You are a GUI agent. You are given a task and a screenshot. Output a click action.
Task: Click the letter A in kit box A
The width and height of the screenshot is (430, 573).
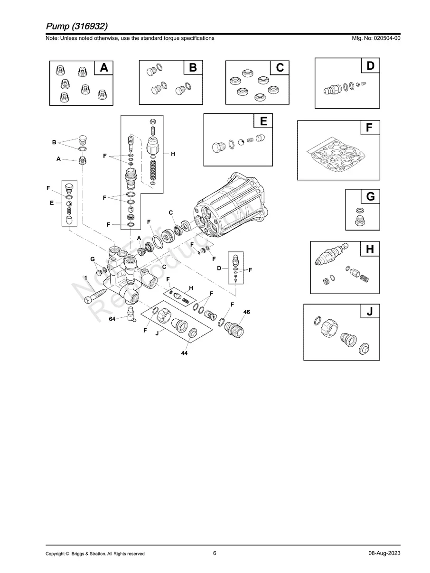click(104, 68)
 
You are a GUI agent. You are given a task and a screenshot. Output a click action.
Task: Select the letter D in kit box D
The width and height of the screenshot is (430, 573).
click(370, 66)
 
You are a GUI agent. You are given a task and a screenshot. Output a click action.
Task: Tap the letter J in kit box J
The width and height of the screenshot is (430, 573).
click(370, 312)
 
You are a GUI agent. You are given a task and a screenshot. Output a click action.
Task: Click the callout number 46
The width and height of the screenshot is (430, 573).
click(246, 312)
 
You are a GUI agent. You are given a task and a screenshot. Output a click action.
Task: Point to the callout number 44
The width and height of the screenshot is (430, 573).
click(184, 354)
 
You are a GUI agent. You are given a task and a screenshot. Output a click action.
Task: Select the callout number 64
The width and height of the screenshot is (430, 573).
click(112, 319)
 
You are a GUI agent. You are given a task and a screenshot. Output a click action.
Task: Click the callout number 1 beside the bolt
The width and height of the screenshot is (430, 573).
click(86, 277)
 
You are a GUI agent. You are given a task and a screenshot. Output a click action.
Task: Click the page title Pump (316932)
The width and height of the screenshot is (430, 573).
click(79, 25)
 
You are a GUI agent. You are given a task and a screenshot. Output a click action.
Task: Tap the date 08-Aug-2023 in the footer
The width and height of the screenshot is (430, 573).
click(384, 553)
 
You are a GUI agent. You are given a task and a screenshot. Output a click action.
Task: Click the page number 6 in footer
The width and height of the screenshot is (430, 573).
click(215, 553)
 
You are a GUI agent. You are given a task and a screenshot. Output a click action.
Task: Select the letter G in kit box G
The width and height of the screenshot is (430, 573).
click(370, 196)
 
